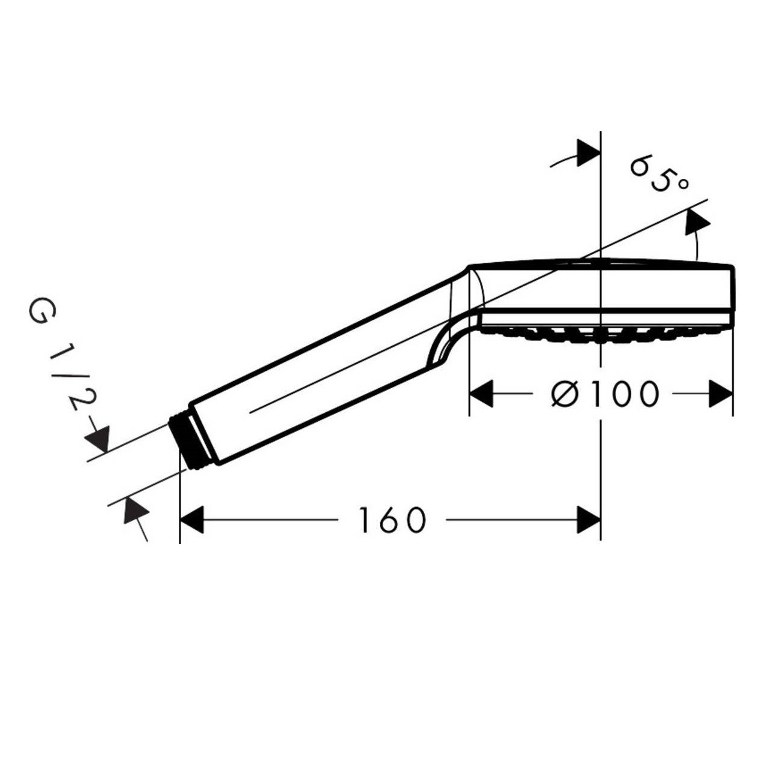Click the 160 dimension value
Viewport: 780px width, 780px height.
pos(392,520)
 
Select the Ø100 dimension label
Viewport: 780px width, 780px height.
pos(605,394)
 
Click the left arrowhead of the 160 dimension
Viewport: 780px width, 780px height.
pos(191,520)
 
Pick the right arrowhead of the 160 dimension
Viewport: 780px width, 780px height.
pos(589,520)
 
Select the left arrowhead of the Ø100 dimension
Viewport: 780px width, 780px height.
pos(481,394)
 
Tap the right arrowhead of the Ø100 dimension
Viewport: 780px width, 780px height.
pos(721,394)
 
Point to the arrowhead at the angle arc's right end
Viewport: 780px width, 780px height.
pos(697,222)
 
